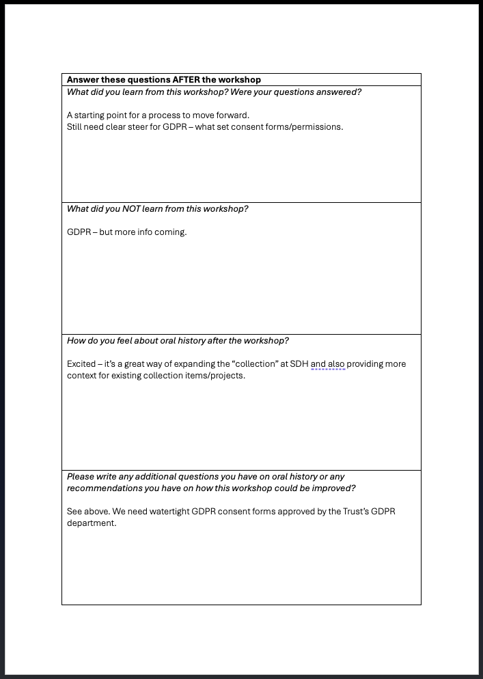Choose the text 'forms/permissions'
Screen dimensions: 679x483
[305, 127]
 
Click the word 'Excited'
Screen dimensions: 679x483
[81, 364]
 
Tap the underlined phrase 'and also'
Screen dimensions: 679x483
[328, 364]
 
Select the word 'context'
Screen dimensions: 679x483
[82, 376]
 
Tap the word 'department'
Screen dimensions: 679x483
[91, 523]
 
